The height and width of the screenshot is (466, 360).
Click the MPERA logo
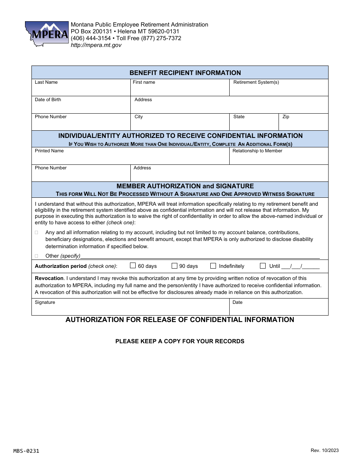tap(46, 34)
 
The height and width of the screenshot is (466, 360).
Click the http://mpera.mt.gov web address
tap(96, 45)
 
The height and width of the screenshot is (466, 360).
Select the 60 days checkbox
tap(133, 266)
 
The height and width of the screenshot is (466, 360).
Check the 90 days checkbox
tap(174, 266)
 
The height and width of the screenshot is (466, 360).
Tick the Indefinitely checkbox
tap(213, 266)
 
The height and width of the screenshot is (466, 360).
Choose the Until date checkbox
tap(263, 266)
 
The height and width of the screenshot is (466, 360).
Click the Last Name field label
tap(46, 82)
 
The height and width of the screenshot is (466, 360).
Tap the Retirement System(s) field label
tap(256, 82)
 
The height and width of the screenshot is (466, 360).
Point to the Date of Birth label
tap(48, 100)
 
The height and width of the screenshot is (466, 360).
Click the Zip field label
tap(286, 117)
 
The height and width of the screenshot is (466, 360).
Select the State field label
tap(239, 117)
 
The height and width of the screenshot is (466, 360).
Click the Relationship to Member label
tap(257, 151)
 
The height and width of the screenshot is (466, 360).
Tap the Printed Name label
tap(49, 151)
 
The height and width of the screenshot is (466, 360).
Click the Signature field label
tap(45, 302)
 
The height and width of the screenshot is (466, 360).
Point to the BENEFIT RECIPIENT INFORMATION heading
tap(185, 73)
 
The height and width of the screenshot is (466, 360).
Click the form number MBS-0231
tap(26, 451)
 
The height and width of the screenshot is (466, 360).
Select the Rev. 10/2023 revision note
tap(324, 450)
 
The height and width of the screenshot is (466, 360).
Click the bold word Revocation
tap(49, 278)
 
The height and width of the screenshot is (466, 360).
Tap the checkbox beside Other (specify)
tap(37, 256)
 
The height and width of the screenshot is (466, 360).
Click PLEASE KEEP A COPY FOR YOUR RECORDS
tap(180, 341)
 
